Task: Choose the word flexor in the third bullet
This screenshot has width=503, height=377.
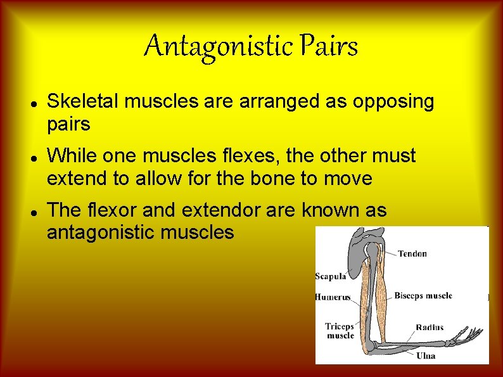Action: (x=108, y=210)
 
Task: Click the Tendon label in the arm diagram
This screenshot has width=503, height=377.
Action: (x=412, y=253)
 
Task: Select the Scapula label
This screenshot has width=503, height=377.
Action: (x=331, y=276)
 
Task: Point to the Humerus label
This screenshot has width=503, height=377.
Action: (x=333, y=297)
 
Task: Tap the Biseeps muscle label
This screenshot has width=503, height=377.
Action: (x=423, y=295)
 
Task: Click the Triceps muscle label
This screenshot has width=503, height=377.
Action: (x=340, y=331)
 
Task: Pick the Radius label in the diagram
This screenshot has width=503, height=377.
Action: (x=430, y=328)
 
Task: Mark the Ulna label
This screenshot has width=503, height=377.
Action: (x=425, y=355)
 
